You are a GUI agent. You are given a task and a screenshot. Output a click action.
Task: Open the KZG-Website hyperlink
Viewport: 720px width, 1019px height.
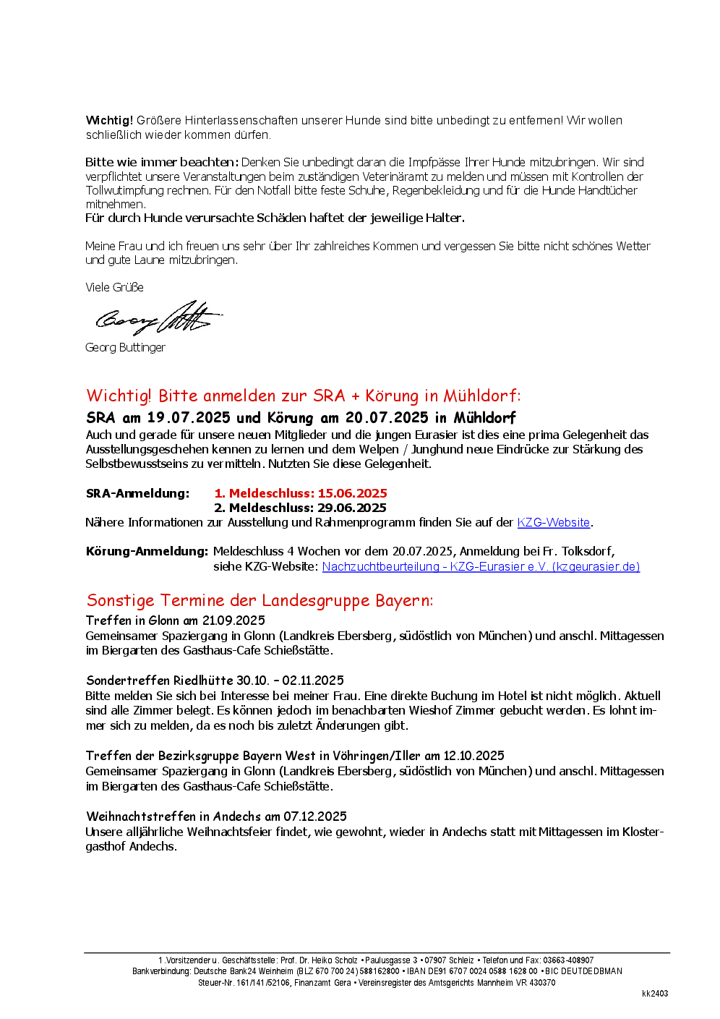(554, 522)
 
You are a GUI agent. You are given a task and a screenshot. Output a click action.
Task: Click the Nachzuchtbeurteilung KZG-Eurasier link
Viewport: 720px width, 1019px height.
(481, 566)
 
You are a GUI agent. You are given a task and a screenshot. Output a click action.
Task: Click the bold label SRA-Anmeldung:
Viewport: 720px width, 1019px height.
(137, 493)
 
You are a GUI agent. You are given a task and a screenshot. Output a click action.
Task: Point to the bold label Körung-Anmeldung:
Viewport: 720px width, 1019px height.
(147, 551)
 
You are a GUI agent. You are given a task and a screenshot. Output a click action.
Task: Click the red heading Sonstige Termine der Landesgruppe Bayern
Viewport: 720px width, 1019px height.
(260, 600)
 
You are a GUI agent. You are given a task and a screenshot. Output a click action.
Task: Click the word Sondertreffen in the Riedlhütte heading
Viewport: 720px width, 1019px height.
(128, 681)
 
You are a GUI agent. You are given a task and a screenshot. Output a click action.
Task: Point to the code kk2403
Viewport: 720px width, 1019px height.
(655, 994)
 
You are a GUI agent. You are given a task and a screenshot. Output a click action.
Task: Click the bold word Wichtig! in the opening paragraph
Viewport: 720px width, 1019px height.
(109, 120)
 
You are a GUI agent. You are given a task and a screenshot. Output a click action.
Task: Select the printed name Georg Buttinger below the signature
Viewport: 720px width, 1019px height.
(125, 347)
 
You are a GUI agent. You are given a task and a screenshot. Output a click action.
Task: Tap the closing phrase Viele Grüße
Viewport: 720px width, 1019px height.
(114, 287)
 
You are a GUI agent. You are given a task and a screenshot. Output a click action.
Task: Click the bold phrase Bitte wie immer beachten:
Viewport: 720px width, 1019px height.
(162, 162)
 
